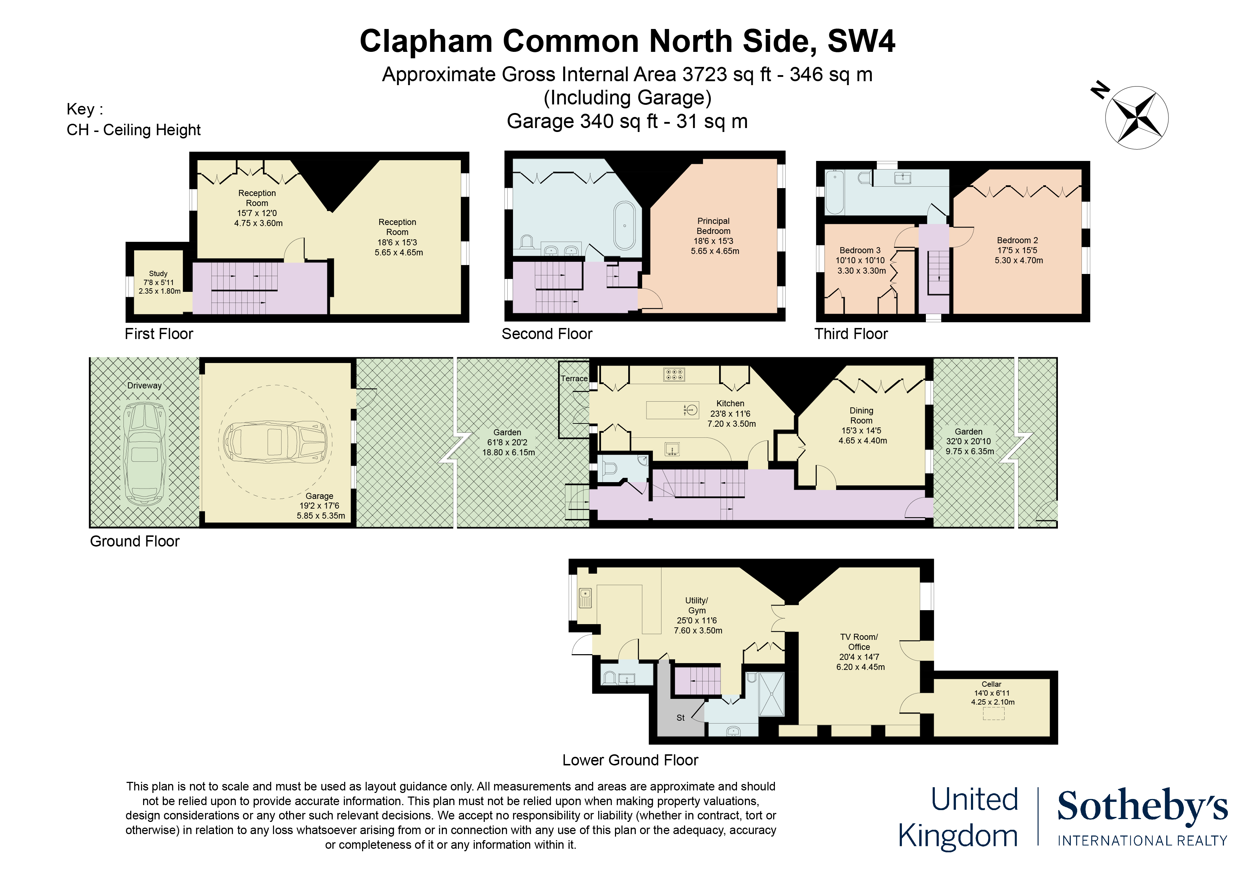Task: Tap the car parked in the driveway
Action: click(x=145, y=454)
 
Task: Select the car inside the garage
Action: click(x=275, y=441)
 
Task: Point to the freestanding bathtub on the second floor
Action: click(x=625, y=226)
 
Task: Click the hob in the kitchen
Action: click(x=674, y=374)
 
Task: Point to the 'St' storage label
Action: click(x=680, y=717)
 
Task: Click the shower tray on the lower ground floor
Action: click(x=772, y=694)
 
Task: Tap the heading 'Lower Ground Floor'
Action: click(x=630, y=760)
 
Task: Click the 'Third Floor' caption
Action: click(x=851, y=334)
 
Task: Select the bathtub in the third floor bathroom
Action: click(x=834, y=192)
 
